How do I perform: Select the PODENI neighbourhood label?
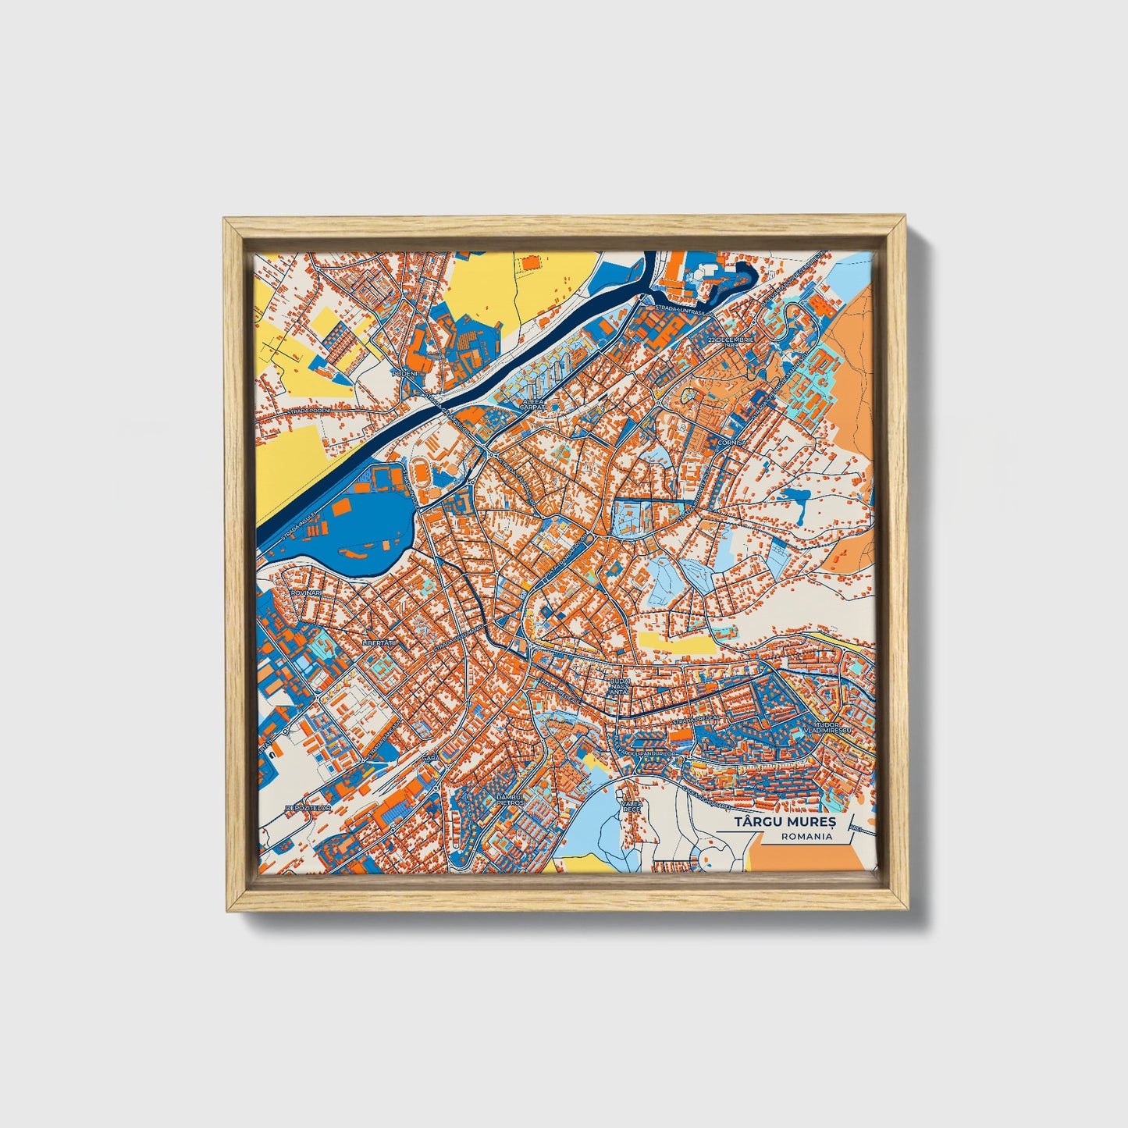[x=405, y=374]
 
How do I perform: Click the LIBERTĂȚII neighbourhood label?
[x=380, y=642]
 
